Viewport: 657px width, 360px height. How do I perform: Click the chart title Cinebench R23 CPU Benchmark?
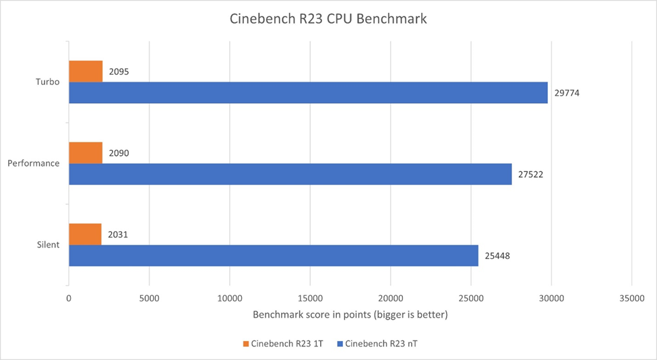pyautogui.click(x=328, y=19)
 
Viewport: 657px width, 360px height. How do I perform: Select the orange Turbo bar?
pyautogui.click(x=86, y=71)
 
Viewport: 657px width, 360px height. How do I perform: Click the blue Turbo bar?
pyautogui.click(x=308, y=92)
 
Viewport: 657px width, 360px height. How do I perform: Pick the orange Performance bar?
pyautogui.click(x=86, y=152)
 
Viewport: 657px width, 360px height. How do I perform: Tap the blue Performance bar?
pyautogui.click(x=290, y=174)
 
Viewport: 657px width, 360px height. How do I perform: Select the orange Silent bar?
pyautogui.click(x=85, y=234)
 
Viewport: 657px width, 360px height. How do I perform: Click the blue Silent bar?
pyautogui.click(x=273, y=256)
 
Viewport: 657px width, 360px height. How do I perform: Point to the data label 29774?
pyautogui.click(x=567, y=93)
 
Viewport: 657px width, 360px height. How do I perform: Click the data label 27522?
pyautogui.click(x=531, y=175)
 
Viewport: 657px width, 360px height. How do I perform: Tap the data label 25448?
pyautogui.click(x=497, y=256)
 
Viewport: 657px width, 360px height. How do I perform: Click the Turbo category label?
pyautogui.click(x=47, y=82)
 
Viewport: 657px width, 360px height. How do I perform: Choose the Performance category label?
pyautogui.click(x=34, y=163)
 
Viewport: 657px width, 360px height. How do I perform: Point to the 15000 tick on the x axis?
pyautogui.click(x=309, y=297)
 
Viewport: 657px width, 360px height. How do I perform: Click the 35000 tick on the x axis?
pyautogui.click(x=631, y=297)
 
